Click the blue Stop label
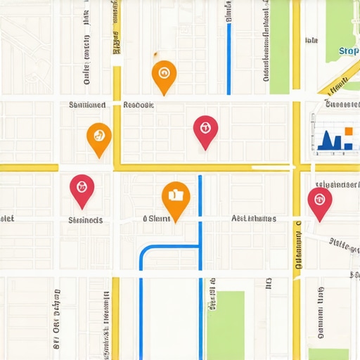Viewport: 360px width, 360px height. pyautogui.click(x=348, y=51)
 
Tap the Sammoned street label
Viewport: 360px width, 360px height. pyautogui.click(x=87, y=105)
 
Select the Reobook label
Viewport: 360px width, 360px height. pyautogui.click(x=138, y=105)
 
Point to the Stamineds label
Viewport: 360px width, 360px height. pyautogui.click(x=86, y=220)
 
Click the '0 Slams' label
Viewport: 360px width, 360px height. pyautogui.click(x=157, y=219)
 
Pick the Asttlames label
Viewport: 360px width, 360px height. pyautogui.click(x=254, y=219)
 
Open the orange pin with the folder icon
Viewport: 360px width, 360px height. pyautogui.click(x=176, y=199)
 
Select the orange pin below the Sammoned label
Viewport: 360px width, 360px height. pyautogui.click(x=99, y=136)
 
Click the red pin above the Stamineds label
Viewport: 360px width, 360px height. pyautogui.click(x=82, y=189)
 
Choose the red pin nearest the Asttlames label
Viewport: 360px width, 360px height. pyautogui.click(x=320, y=201)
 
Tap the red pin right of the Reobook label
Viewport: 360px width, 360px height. pyautogui.click(x=205, y=130)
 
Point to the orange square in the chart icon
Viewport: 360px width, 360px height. pyautogui.click(x=348, y=131)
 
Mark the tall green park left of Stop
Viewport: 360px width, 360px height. pyautogui.click(x=279, y=46)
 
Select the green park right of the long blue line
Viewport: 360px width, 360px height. pyautogui.click(x=226, y=323)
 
